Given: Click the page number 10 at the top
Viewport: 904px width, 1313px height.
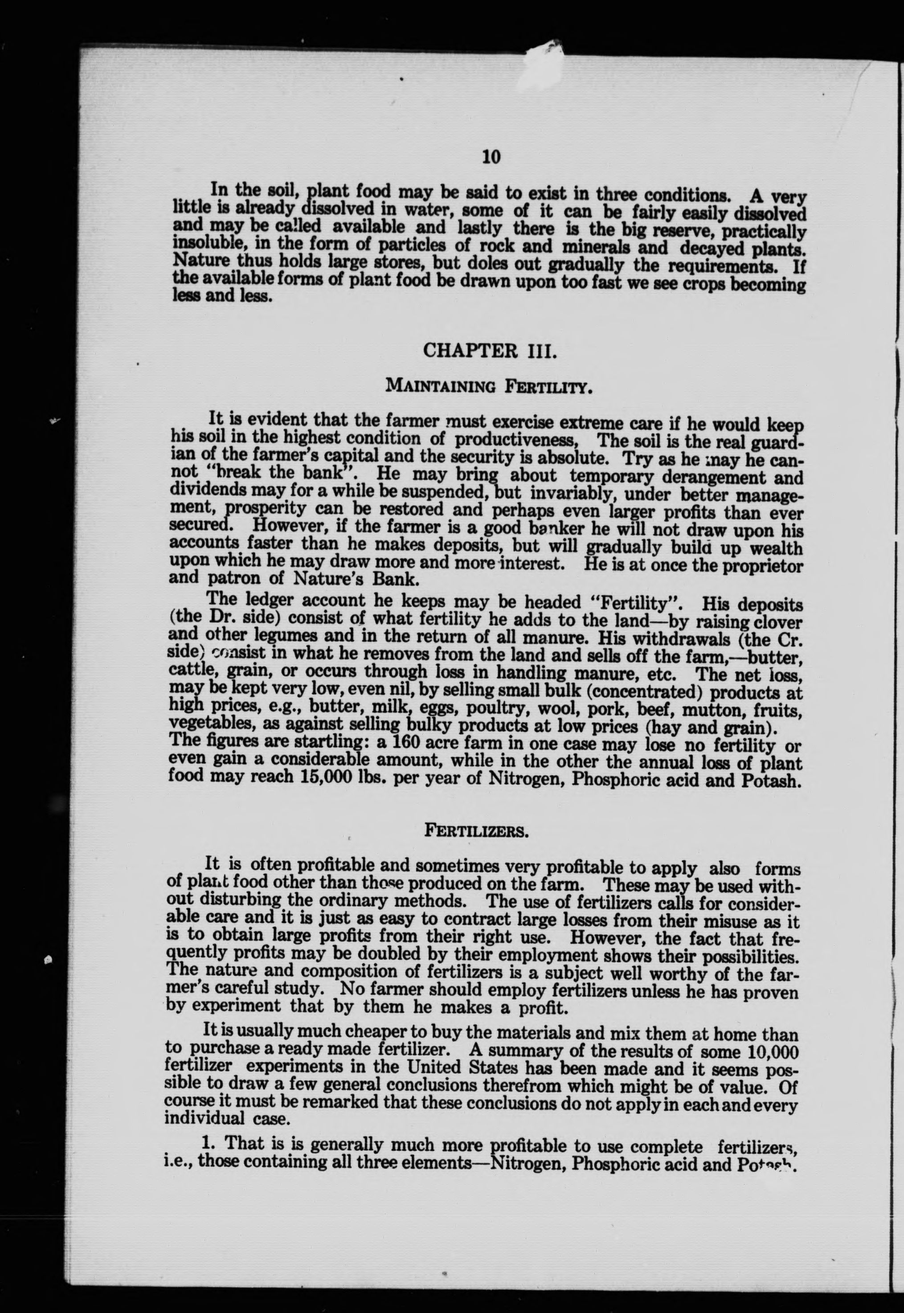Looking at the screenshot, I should pos(491,156).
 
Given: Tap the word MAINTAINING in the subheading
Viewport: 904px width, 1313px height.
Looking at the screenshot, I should pos(441,386).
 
